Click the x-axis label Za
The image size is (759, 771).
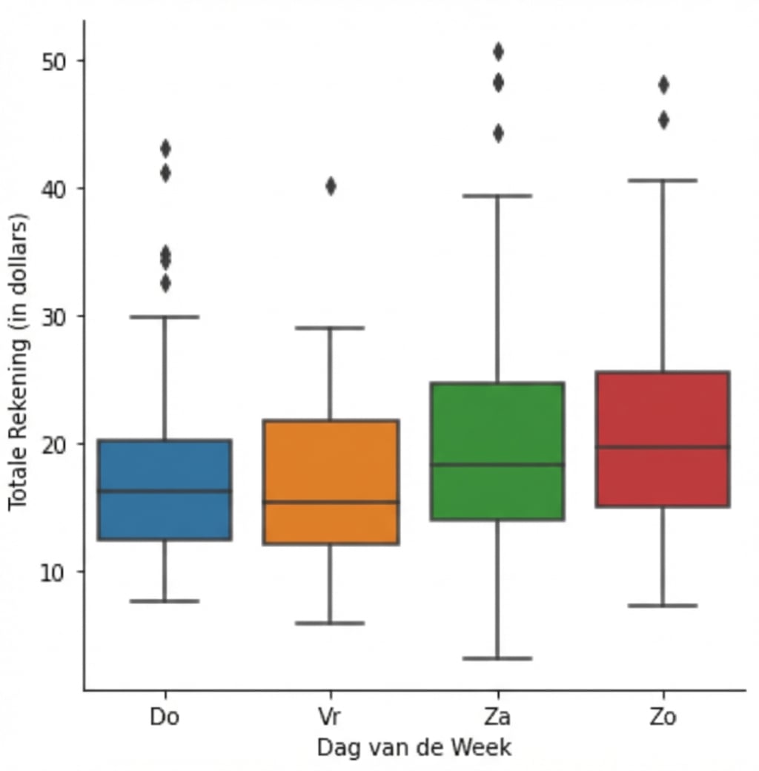pos(497,717)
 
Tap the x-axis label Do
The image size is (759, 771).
pos(165,717)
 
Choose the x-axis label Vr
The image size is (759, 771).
pos(331,717)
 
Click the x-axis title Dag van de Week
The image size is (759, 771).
pos(414,747)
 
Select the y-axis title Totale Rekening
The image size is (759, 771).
pos(18,361)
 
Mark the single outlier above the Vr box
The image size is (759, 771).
pos(331,186)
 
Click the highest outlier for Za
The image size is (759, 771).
pos(498,52)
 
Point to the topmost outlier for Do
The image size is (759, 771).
pos(165,149)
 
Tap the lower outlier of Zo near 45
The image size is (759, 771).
pos(663,120)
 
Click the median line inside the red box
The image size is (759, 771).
pos(663,446)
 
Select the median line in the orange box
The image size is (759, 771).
pos(331,502)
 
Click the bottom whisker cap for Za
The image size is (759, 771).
pos(497,658)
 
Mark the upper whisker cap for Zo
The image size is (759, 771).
pos(663,180)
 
